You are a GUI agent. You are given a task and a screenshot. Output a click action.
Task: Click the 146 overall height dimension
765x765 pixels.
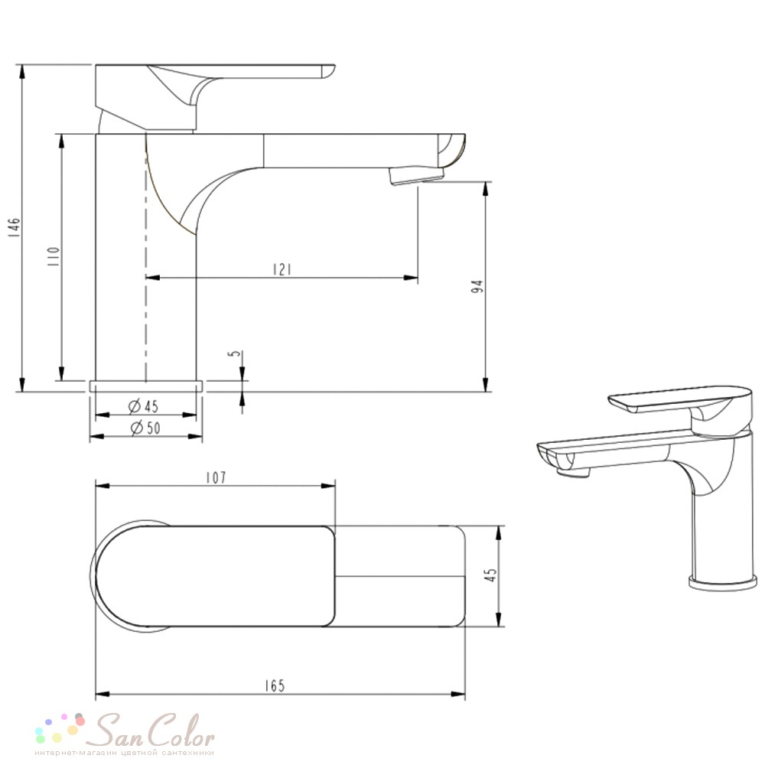pos(15,227)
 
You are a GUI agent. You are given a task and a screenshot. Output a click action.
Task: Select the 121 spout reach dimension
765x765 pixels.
pos(282,269)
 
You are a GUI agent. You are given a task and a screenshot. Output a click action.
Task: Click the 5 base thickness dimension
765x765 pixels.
pos(236,353)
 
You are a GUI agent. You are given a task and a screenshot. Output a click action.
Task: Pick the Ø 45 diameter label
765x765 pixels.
pos(144,405)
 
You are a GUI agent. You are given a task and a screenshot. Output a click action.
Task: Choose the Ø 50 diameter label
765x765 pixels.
pos(145,428)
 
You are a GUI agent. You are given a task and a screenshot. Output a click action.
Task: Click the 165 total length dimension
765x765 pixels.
pos(275,685)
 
